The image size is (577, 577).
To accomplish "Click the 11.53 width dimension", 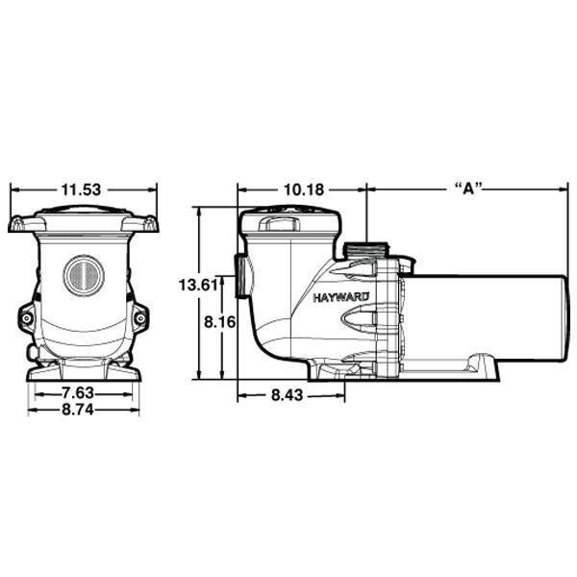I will [x=83, y=189].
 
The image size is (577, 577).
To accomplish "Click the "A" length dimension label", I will [x=465, y=189].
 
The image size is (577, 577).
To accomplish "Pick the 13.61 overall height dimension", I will [x=195, y=284].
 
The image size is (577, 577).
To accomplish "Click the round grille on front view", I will [x=82, y=273].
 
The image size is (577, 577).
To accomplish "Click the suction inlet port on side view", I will [x=237, y=279].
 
